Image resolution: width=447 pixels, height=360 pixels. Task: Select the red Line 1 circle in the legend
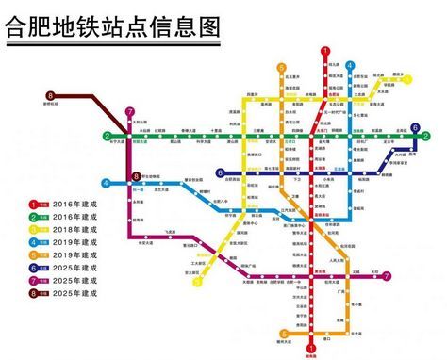coord(34,203)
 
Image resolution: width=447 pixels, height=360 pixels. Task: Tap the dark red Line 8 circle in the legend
coord(34,293)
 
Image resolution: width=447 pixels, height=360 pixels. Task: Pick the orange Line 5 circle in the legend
coord(34,254)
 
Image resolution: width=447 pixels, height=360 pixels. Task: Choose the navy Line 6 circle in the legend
coord(34,267)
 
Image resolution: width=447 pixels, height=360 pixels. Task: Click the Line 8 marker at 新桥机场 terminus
coord(51,95)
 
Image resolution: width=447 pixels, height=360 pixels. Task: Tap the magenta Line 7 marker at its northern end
coord(129,113)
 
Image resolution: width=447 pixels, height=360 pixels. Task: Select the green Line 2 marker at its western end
coord(107,136)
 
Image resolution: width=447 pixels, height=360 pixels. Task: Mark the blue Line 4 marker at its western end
coord(107,182)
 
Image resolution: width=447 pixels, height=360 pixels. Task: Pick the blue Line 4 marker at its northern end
coord(350,66)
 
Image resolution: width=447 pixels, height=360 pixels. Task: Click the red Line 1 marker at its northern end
coord(325,53)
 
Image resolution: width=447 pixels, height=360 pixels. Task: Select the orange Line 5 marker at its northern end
coord(281,67)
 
